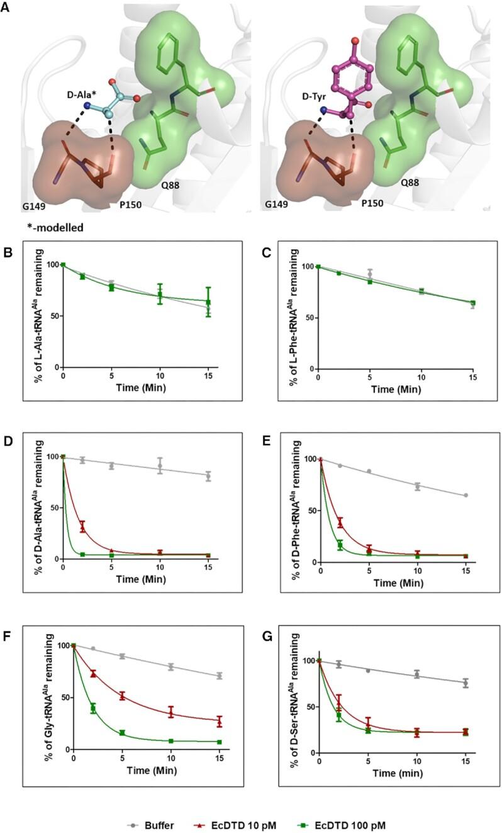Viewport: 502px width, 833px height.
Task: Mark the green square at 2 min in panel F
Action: coord(93,708)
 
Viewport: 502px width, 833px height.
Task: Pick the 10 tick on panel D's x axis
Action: coord(160,567)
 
